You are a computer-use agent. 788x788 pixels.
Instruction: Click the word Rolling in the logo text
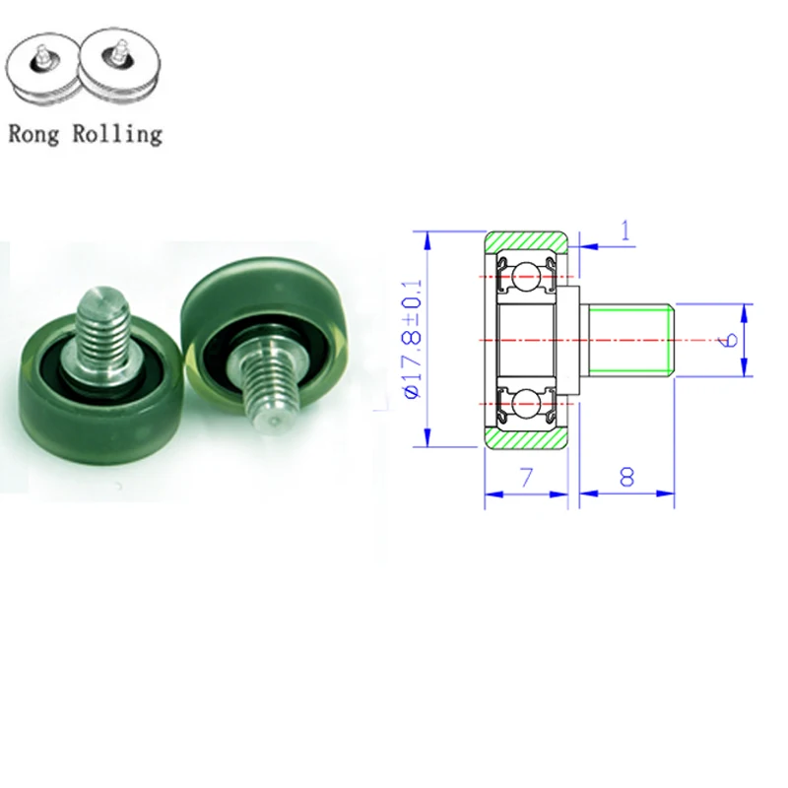click(116, 134)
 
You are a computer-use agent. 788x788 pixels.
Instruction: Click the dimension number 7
click(526, 479)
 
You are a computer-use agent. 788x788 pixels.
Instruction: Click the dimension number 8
click(625, 479)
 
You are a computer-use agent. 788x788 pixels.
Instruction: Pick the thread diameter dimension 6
click(729, 340)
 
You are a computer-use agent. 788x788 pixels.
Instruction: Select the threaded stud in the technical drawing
click(630, 340)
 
